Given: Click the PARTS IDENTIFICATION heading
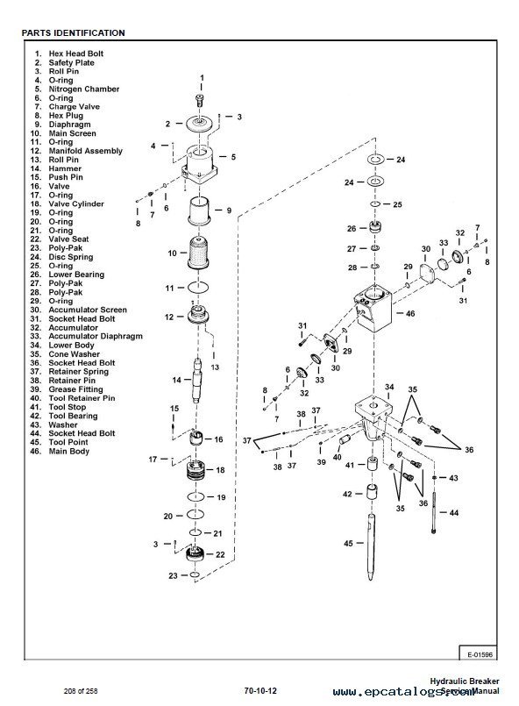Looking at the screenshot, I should coord(73,33).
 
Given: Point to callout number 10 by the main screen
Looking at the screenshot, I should coord(173,253).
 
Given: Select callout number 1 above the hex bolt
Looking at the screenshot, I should coord(201,79).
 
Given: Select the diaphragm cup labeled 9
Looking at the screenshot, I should coord(202,211).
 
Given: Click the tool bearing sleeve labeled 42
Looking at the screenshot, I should coord(373,496).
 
